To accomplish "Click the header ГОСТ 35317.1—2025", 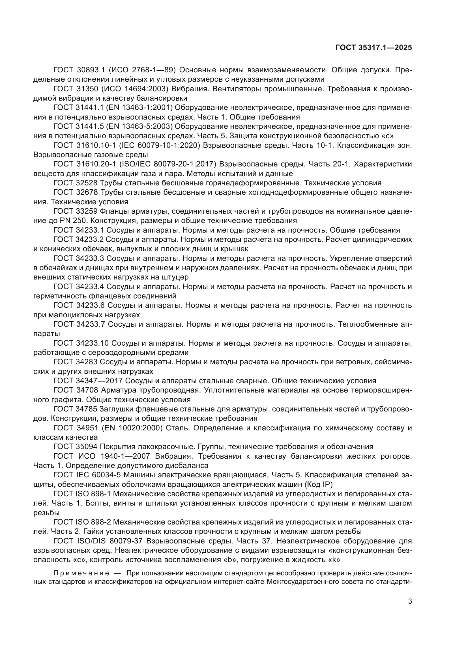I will [x=373, y=48].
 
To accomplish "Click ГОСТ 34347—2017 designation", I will [x=88, y=381].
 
